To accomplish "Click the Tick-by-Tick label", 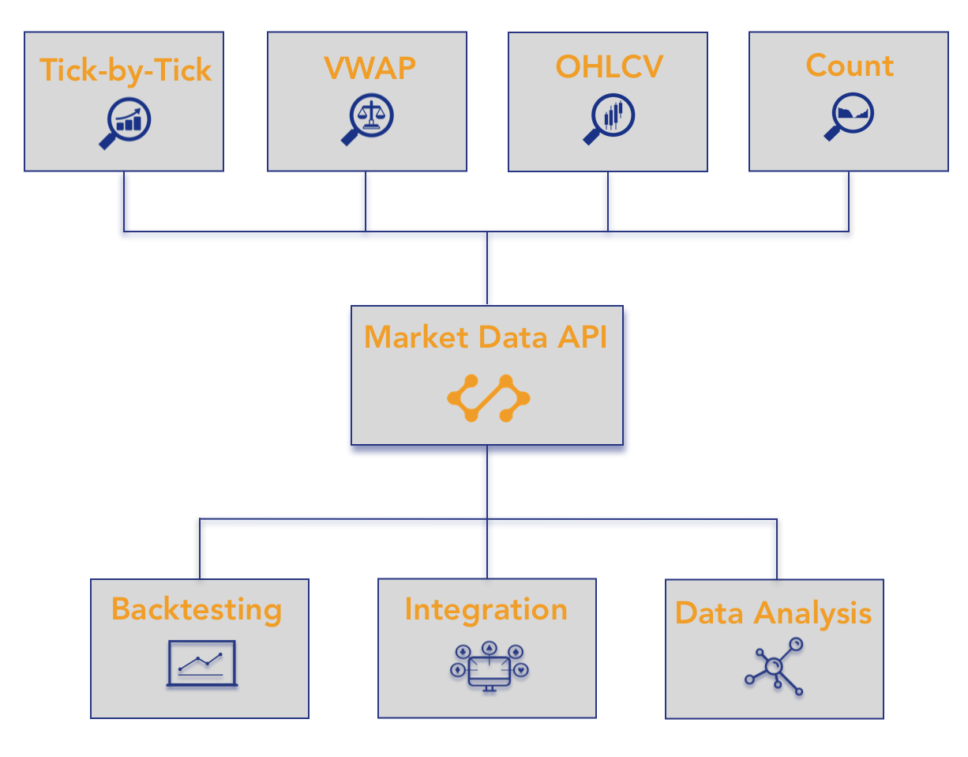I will [x=125, y=70].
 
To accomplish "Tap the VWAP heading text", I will [x=369, y=68].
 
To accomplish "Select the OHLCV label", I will [x=609, y=66].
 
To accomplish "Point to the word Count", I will [x=849, y=66].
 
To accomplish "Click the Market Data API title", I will [x=485, y=337].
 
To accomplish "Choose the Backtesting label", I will [x=197, y=608].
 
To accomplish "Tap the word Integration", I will [x=486, y=609].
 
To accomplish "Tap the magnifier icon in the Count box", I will [x=849, y=116].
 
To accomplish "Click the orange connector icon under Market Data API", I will [x=488, y=398].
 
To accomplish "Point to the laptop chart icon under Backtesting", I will [x=201, y=663].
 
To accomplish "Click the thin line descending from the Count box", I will [x=849, y=201].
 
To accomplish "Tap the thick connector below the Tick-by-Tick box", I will [x=123, y=201].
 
